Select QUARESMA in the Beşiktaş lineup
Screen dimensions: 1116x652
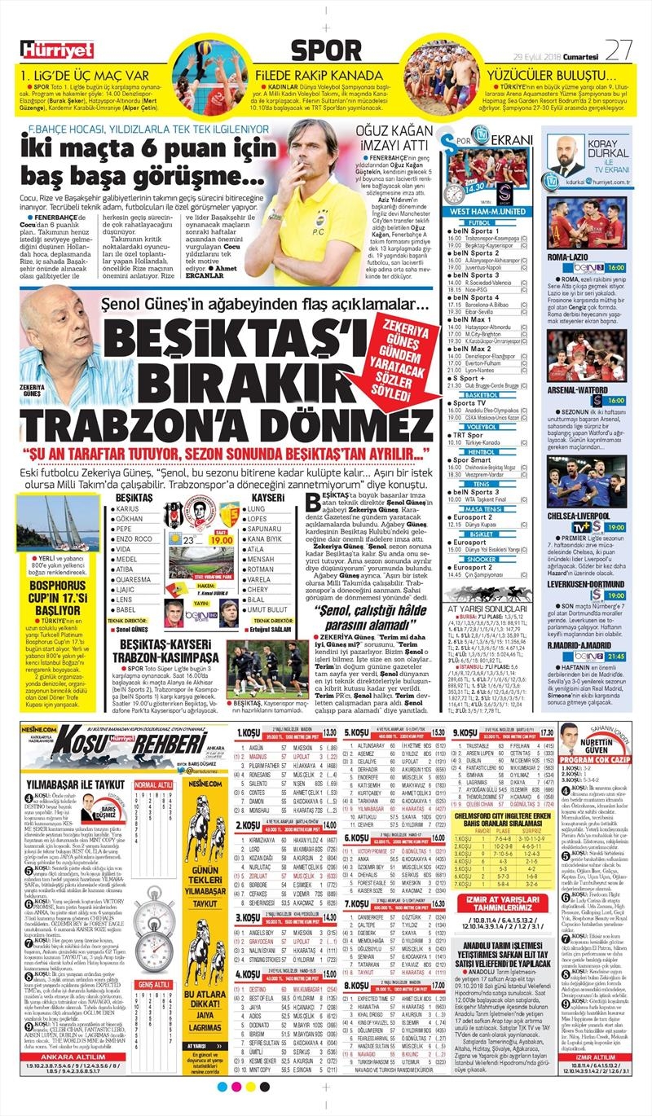133,580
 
